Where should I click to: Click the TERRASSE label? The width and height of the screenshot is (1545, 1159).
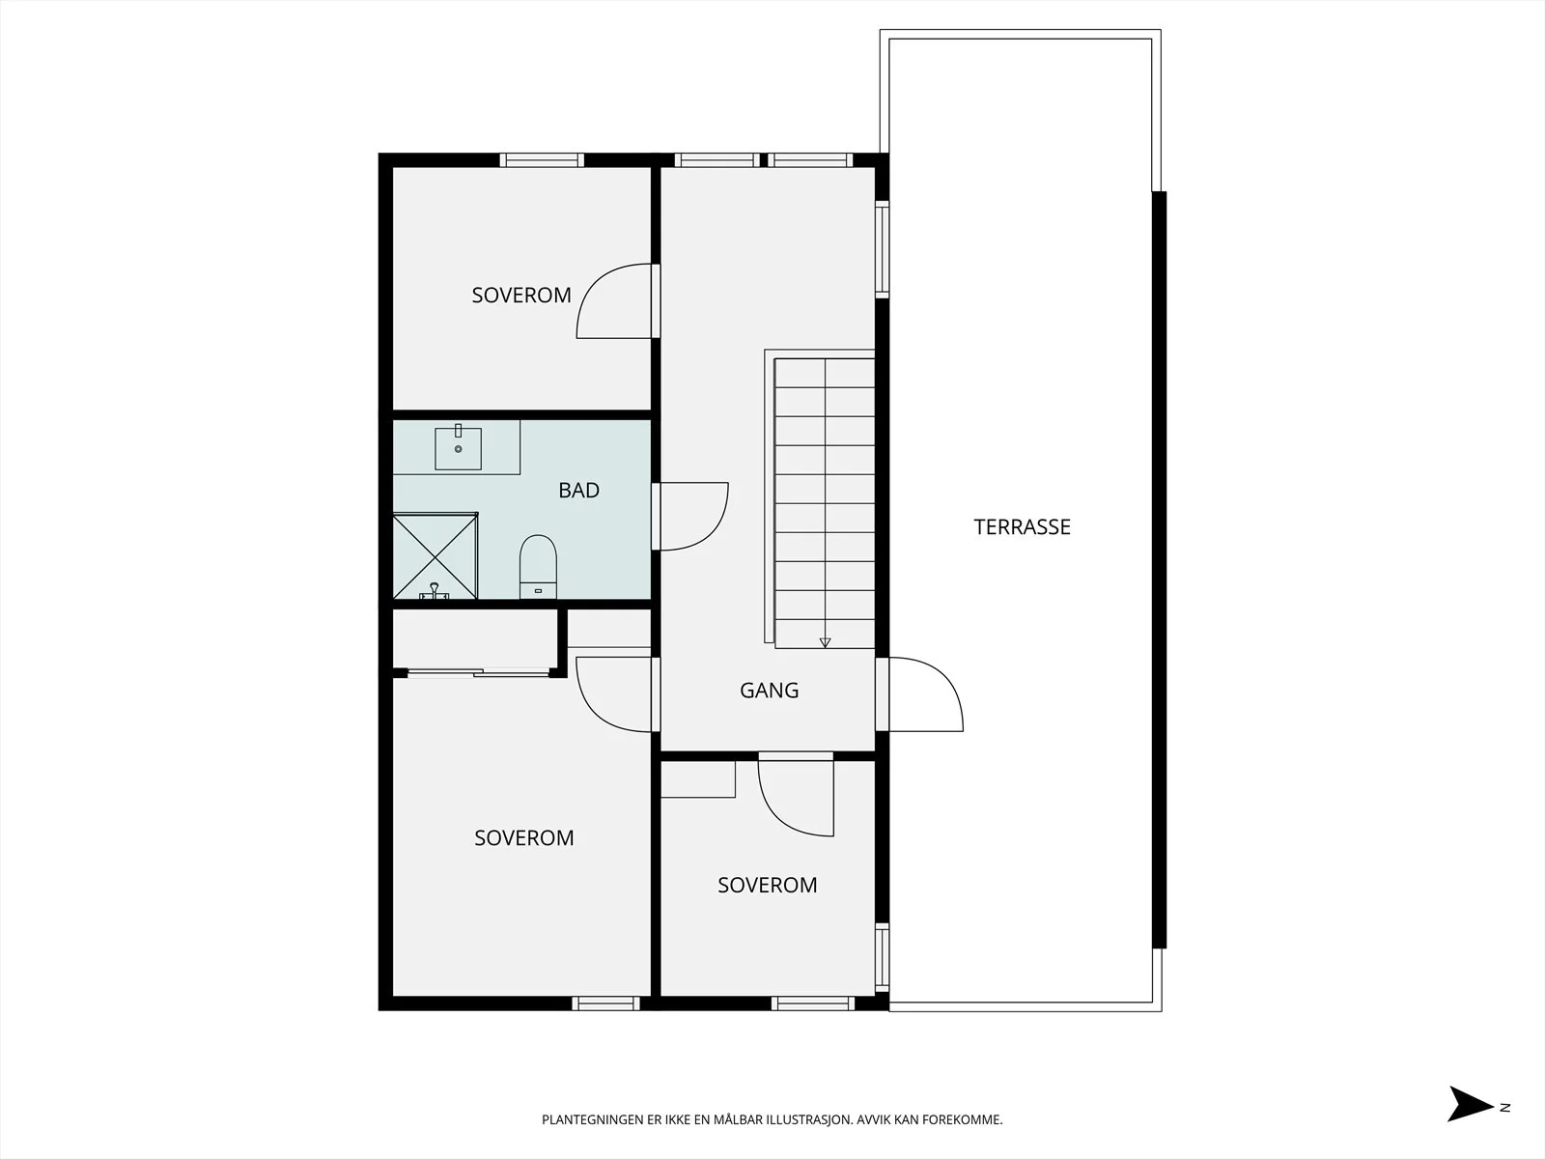(1022, 527)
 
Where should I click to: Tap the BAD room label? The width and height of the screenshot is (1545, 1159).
(578, 491)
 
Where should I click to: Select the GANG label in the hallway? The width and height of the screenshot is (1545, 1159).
(770, 691)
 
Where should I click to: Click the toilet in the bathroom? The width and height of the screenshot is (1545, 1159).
(539, 567)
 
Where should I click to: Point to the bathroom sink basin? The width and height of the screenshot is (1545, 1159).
(459, 448)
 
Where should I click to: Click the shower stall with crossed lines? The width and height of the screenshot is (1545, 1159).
(435, 556)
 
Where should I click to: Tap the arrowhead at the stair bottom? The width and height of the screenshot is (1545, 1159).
(825, 642)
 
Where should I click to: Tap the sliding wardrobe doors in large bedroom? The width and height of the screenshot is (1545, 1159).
(479, 673)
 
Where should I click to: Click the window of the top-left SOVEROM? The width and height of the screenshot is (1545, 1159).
(542, 160)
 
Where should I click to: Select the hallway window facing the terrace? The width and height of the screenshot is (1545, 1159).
(882, 250)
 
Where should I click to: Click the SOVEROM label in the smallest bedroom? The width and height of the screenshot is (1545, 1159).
(768, 886)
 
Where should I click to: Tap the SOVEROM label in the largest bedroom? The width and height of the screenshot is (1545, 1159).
(523, 838)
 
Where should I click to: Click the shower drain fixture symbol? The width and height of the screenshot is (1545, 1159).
(435, 592)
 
